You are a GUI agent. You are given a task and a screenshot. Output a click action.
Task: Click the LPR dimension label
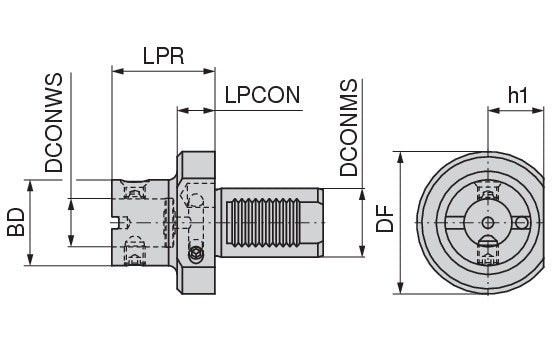(163, 56)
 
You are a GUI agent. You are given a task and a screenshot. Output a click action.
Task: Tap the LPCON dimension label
(262, 95)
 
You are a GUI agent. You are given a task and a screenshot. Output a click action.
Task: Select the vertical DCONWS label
(54, 122)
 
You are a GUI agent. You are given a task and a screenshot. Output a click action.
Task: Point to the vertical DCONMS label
(349, 127)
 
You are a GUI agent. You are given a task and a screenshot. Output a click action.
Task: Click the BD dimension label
(16, 222)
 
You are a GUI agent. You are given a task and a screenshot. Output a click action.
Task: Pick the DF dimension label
(384, 219)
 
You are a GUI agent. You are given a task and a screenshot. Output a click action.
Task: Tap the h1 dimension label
(518, 95)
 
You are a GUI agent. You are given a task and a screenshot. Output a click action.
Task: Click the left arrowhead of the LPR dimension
(118, 71)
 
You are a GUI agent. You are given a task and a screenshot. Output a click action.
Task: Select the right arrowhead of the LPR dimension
(209, 71)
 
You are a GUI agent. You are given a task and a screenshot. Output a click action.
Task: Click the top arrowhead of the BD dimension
(30, 186)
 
